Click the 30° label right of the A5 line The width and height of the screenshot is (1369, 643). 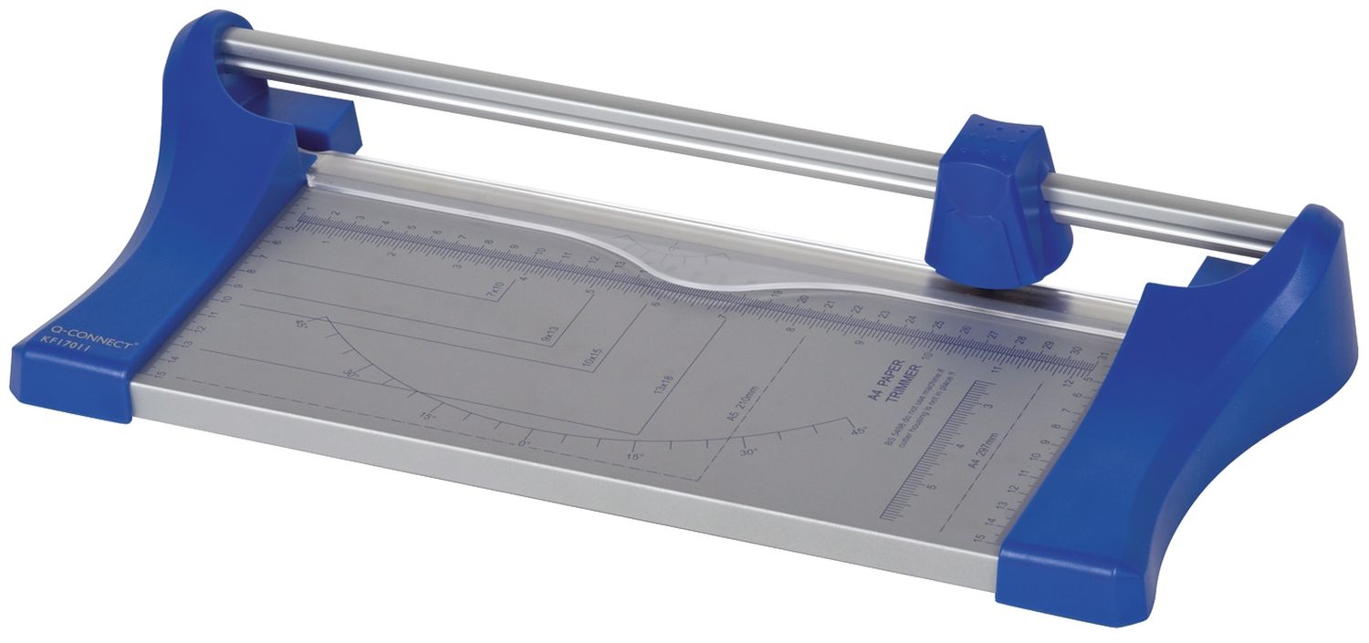pyautogui.click(x=748, y=451)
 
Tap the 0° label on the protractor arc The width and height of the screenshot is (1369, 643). pyautogui.click(x=524, y=444)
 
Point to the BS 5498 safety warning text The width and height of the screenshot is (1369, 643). pyautogui.click(x=913, y=421)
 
